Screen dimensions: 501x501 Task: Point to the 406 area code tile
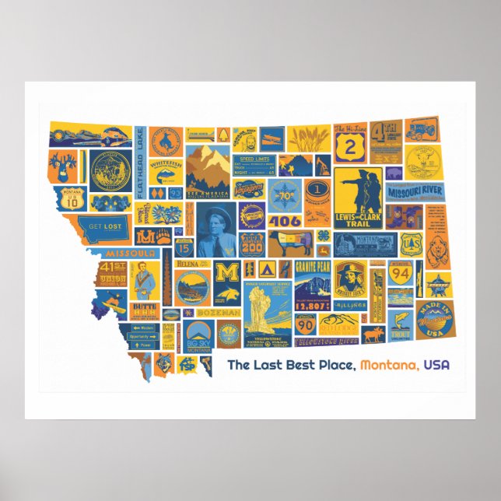coord(285,220)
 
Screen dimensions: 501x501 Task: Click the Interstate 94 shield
coord(400,272)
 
